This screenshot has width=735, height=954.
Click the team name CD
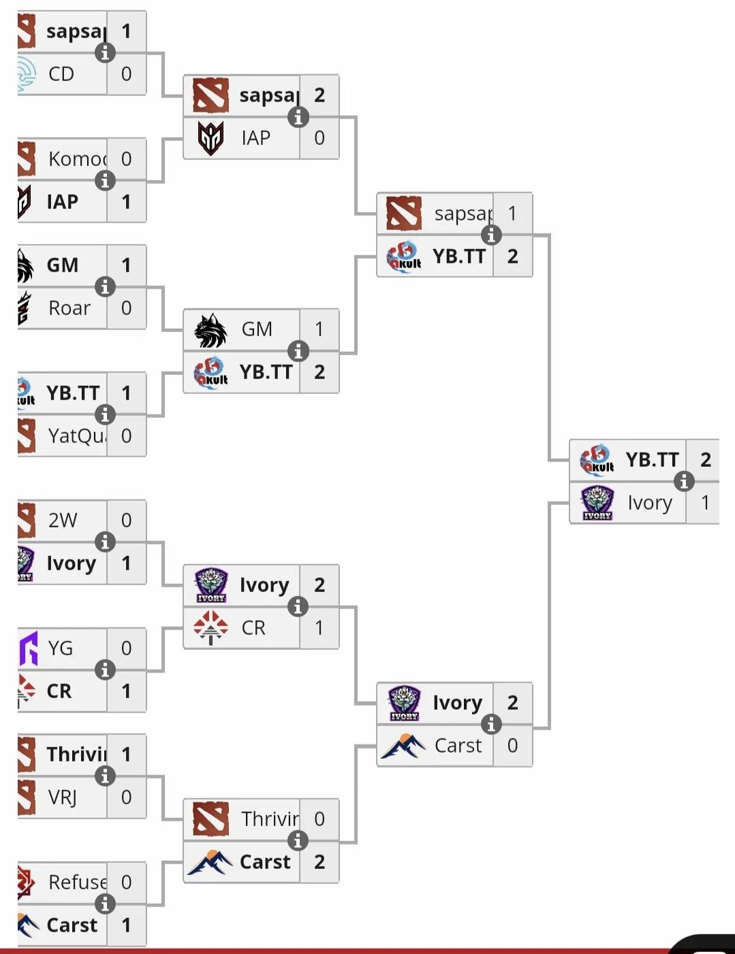pos(61,74)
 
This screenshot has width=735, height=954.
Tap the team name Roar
pos(69,308)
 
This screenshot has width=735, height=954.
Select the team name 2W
pos(63,521)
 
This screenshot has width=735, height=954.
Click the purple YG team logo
pos(28,648)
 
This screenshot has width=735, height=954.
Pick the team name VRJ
pos(63,797)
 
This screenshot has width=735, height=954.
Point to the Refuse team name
pos(77,883)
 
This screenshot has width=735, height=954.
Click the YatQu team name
pos(76,435)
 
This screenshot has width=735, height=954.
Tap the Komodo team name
pos(77,159)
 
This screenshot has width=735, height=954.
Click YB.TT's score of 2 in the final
pos(706,460)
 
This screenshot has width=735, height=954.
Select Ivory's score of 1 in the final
pos(706,503)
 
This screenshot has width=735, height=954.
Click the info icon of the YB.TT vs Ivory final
pos(684,481)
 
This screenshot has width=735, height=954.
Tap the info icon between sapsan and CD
pos(104,52)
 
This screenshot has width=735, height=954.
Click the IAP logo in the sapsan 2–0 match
pos(211,138)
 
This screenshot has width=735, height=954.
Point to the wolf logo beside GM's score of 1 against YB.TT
pos(211,330)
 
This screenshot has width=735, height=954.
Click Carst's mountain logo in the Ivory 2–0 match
pos(404,746)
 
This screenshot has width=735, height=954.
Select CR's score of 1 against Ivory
pos(319,627)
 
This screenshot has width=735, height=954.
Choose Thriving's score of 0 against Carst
pos(319,819)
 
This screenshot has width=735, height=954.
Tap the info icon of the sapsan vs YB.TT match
pos(491,235)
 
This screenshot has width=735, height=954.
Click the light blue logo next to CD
pos(27,74)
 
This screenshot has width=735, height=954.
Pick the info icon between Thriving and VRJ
pos(104,776)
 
